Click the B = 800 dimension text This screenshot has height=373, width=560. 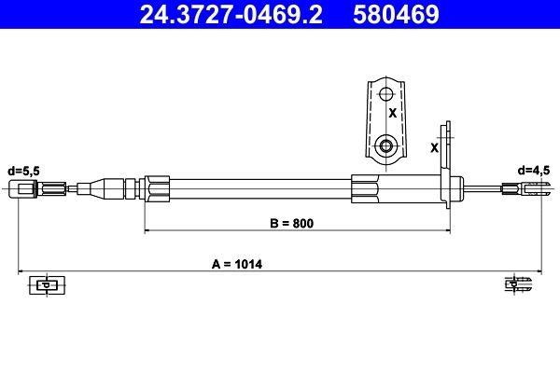287,223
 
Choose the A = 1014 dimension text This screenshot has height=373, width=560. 238,264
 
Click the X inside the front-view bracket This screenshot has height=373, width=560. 392,112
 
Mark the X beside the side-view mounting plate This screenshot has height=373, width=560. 434,147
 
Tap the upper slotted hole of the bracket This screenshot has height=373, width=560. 385,93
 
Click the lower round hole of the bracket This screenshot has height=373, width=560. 385,145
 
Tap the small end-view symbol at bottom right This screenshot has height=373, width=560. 517,283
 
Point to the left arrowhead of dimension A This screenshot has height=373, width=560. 21,271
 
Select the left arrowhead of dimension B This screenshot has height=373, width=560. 147,230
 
